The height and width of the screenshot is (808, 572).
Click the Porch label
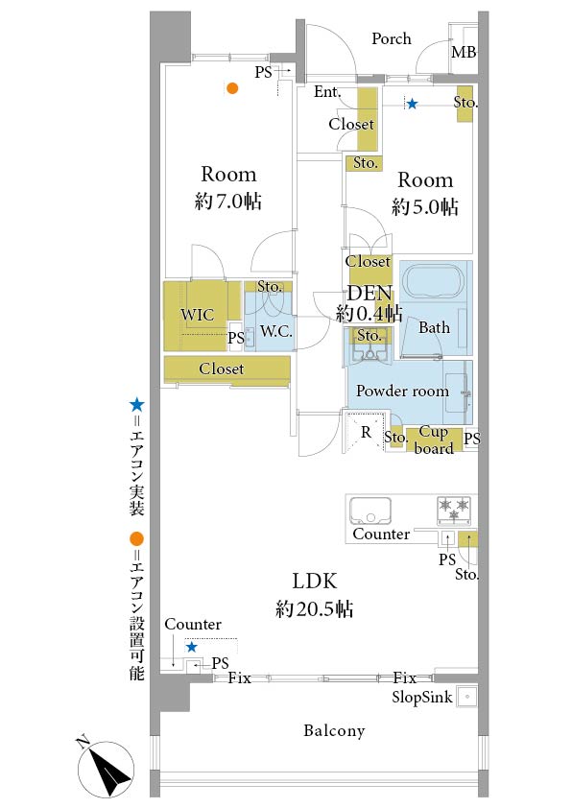click(392, 38)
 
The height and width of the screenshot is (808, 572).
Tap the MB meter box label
click(464, 52)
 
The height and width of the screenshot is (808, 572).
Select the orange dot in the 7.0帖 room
click(232, 88)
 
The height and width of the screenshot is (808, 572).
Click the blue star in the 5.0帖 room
click(413, 104)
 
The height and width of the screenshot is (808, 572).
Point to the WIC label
click(198, 315)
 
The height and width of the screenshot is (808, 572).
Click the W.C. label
click(276, 331)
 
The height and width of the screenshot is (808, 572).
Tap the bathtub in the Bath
click(435, 281)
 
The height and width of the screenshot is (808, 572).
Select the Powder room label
click(402, 391)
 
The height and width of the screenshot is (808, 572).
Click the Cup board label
click(434, 440)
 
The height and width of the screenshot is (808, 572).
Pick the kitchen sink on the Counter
click(370, 511)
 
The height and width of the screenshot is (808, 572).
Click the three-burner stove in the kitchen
click(454, 510)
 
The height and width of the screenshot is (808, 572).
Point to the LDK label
click(315, 581)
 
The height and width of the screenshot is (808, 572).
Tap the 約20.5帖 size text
click(315, 608)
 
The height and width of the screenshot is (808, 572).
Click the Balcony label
click(334, 730)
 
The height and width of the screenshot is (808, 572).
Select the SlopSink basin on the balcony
click(466, 696)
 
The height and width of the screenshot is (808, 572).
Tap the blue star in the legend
click(136, 405)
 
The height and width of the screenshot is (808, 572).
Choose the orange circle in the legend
click(136, 539)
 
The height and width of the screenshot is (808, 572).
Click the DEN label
click(370, 294)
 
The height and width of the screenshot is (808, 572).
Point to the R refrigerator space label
click(366, 432)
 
